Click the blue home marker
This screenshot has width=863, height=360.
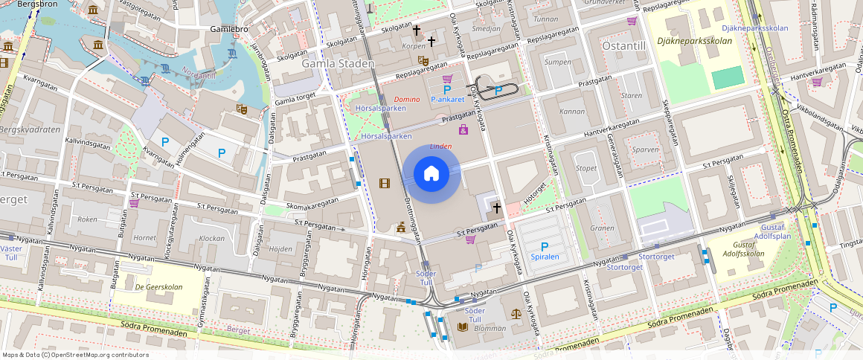tap(431, 174)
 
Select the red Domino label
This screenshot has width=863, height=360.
tap(407, 99)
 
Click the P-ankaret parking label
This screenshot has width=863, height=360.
tap(447, 99)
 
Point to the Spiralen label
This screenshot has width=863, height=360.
tap(545, 257)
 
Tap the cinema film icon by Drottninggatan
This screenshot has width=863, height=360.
tap(385, 183)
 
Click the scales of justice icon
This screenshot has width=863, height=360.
tap(517, 315)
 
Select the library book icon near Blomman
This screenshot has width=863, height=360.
tap(462, 327)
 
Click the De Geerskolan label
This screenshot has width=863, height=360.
tap(158, 286)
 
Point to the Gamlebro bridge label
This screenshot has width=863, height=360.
tap(229, 30)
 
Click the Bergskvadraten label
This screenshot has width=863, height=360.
tap(31, 129)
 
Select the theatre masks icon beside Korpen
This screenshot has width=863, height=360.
tap(423, 60)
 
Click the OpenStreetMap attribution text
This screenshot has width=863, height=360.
tap(76, 355)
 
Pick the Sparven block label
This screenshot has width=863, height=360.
tap(645, 149)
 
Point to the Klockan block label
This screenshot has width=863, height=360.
tap(212, 239)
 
